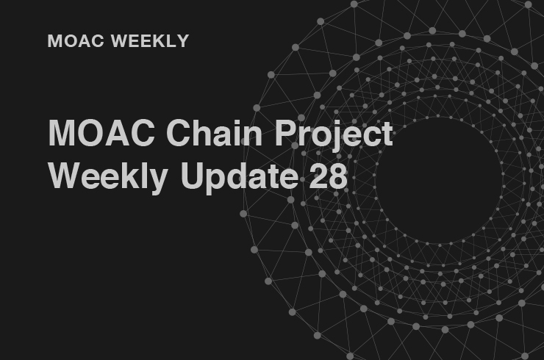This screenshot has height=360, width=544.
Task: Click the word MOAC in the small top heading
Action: (76, 41)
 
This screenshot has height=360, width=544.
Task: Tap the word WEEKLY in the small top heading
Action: (150, 41)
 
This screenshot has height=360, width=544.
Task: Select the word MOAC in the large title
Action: (101, 133)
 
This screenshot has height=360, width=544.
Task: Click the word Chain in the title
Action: (214, 132)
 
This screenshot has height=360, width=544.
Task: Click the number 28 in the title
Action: (328, 176)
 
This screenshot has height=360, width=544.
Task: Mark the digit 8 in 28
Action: (338, 176)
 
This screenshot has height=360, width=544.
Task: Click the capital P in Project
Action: (286, 133)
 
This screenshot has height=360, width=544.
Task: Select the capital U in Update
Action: (192, 176)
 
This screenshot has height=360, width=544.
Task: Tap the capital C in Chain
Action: (179, 133)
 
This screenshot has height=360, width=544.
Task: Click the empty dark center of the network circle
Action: (439, 180)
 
